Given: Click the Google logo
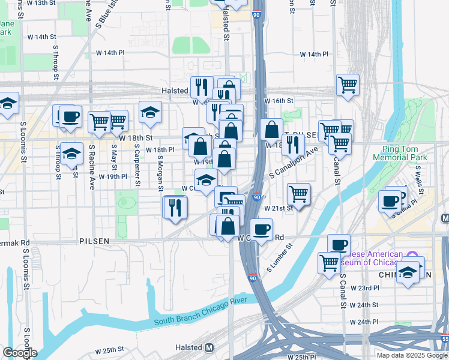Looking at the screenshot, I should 20,353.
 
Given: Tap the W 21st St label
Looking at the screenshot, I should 279,207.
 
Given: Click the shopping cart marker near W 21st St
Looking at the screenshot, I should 298,193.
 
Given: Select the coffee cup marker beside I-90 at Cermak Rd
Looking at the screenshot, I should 261,229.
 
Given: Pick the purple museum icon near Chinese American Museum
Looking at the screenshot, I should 411,255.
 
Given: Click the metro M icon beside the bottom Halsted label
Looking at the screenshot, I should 209,347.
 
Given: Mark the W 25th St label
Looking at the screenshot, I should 109,349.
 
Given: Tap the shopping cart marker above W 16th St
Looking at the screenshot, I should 348,85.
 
